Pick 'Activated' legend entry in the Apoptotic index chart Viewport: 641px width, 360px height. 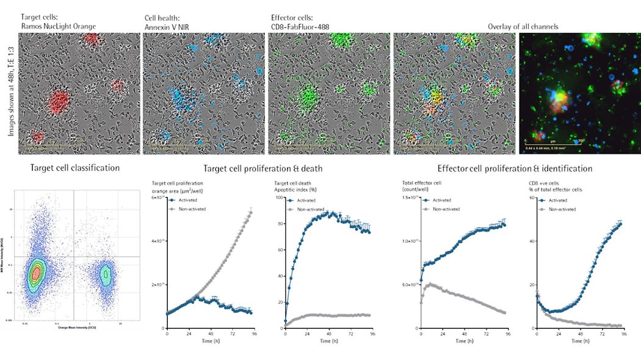pos(306,199)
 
